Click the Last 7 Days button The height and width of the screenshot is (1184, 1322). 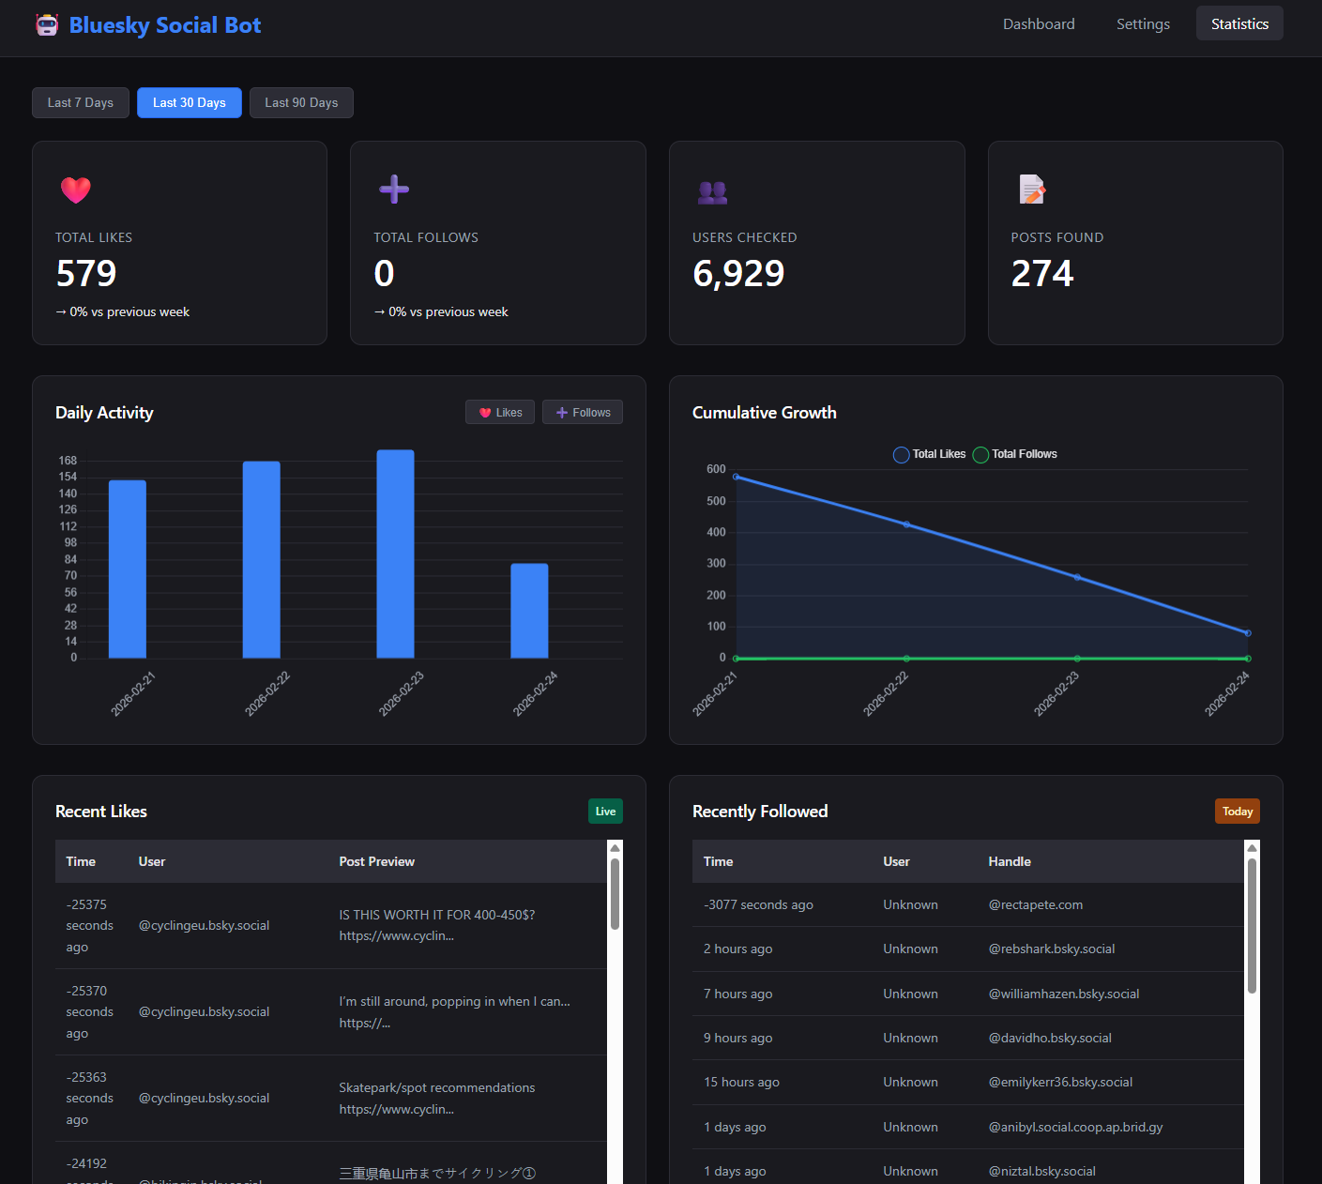point(81,103)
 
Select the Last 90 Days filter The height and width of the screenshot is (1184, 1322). point(301,103)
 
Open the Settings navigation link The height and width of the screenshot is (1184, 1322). point(1143,24)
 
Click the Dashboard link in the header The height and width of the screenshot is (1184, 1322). point(1039,24)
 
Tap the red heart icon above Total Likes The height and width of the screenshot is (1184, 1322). point(76,190)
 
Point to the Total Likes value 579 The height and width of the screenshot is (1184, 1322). point(86,274)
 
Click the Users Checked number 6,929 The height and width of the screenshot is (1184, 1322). point(738,274)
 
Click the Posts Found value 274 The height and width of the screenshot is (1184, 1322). point(1042,274)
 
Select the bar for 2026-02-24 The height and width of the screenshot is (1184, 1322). point(529,611)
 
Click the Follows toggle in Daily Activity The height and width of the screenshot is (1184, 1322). point(583,413)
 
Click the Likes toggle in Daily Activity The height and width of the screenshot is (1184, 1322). point(500,413)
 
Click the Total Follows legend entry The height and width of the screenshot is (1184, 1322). point(1015,454)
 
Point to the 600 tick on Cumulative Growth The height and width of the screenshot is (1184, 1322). point(716,469)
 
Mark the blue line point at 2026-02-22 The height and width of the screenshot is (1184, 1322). point(906,524)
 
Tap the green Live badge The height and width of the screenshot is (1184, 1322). point(605,812)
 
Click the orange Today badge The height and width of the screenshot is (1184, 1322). point(1237,812)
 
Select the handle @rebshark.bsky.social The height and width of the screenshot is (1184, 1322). point(1052,949)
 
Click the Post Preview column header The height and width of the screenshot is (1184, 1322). point(376,861)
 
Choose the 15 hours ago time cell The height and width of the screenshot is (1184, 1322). point(741,1083)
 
